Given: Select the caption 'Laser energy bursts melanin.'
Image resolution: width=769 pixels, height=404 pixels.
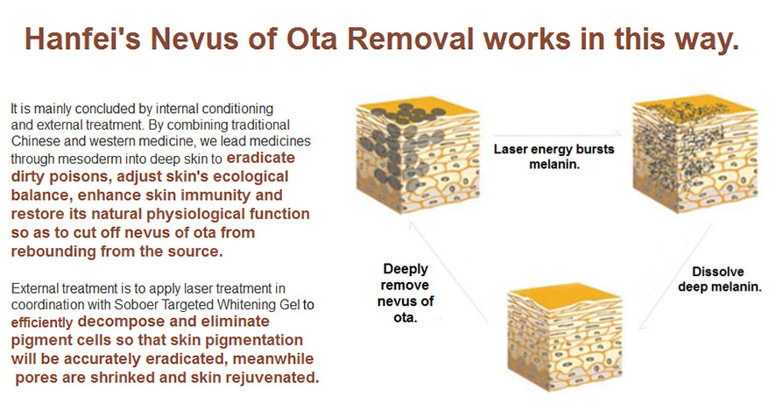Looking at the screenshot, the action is click(554, 157).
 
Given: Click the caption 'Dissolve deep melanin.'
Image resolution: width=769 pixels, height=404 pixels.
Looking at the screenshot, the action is click(719, 279).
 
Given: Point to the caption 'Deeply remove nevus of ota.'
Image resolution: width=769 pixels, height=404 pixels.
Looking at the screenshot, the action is click(406, 293).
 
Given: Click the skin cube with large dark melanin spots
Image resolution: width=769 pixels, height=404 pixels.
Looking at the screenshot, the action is click(418, 153).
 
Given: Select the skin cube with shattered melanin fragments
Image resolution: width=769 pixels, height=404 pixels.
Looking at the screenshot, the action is click(695, 153).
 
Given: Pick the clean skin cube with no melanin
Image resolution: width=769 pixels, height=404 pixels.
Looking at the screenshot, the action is click(565, 337).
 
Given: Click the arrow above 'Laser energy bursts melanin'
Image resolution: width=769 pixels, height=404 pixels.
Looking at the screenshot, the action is click(556, 134).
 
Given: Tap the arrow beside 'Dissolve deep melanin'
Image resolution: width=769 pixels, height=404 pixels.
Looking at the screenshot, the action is click(675, 277).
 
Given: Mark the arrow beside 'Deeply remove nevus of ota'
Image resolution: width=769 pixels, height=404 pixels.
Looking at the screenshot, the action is click(448, 272).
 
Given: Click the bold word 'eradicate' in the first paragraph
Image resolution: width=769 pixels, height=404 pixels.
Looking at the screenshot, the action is click(261, 158).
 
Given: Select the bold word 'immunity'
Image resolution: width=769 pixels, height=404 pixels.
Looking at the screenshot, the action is click(215, 195).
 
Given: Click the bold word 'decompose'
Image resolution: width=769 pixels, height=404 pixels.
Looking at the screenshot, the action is click(113, 322).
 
